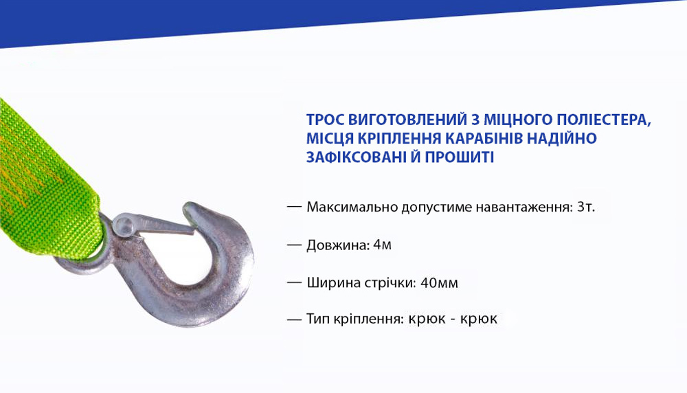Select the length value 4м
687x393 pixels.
382,244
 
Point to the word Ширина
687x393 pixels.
333,282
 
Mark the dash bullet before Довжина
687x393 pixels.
294,244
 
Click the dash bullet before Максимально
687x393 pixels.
294,206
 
